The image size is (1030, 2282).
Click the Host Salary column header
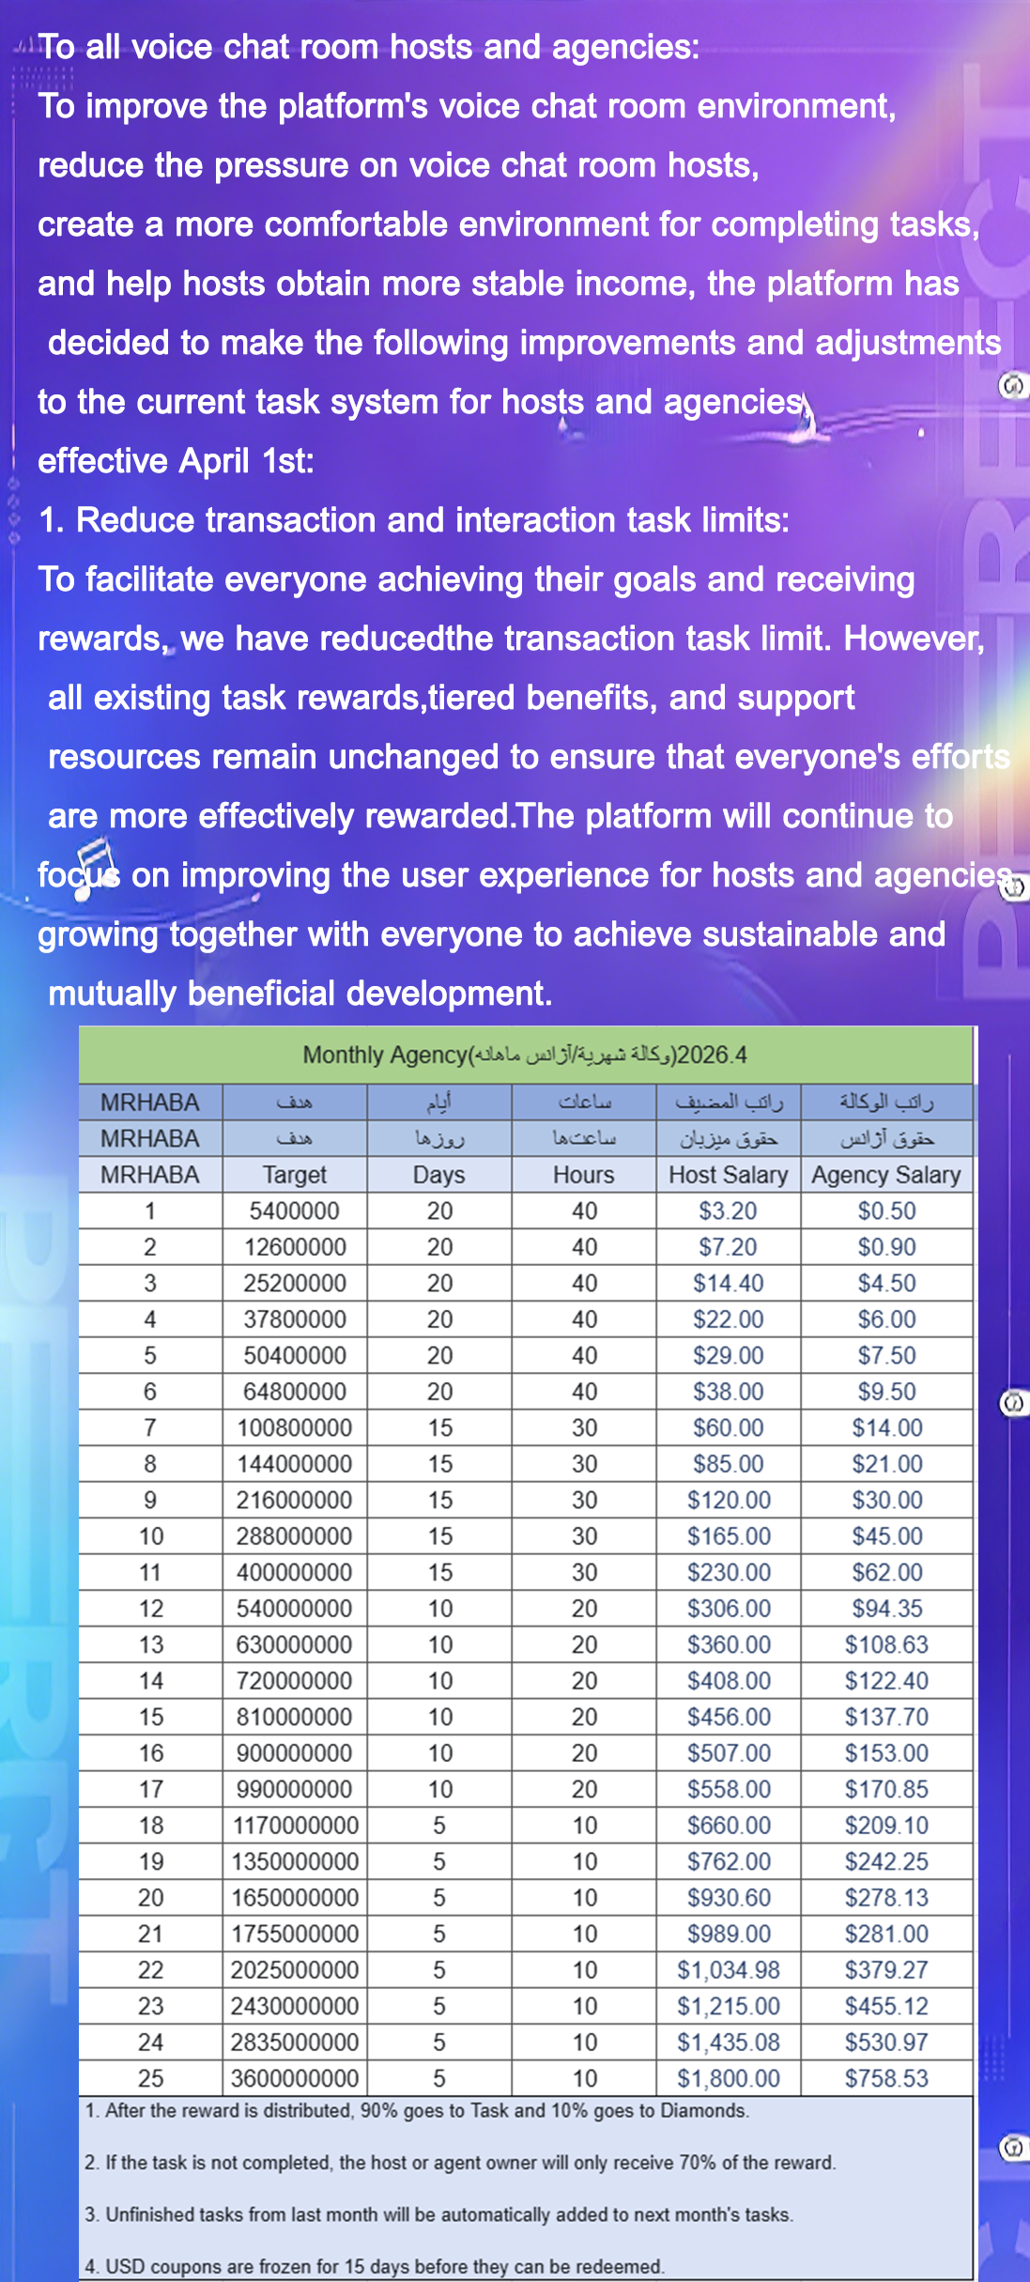[728, 1175]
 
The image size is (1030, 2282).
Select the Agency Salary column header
[885, 1175]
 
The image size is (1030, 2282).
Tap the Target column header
[294, 1175]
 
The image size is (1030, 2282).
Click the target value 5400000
[294, 1211]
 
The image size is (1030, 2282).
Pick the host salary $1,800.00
[728, 2078]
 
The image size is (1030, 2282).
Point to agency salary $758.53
[885, 2078]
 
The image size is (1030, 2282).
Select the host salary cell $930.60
[728, 1898]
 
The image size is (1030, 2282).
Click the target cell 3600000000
[294, 2078]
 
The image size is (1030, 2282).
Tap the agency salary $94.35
[885, 1609]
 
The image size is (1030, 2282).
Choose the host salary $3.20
[728, 1211]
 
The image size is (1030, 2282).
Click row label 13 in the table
[150, 1645]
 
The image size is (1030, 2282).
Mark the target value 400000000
[294, 1573]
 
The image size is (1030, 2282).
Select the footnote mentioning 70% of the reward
[459, 2163]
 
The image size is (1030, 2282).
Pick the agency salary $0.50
[885, 1211]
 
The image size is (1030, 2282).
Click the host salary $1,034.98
[728, 1970]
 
